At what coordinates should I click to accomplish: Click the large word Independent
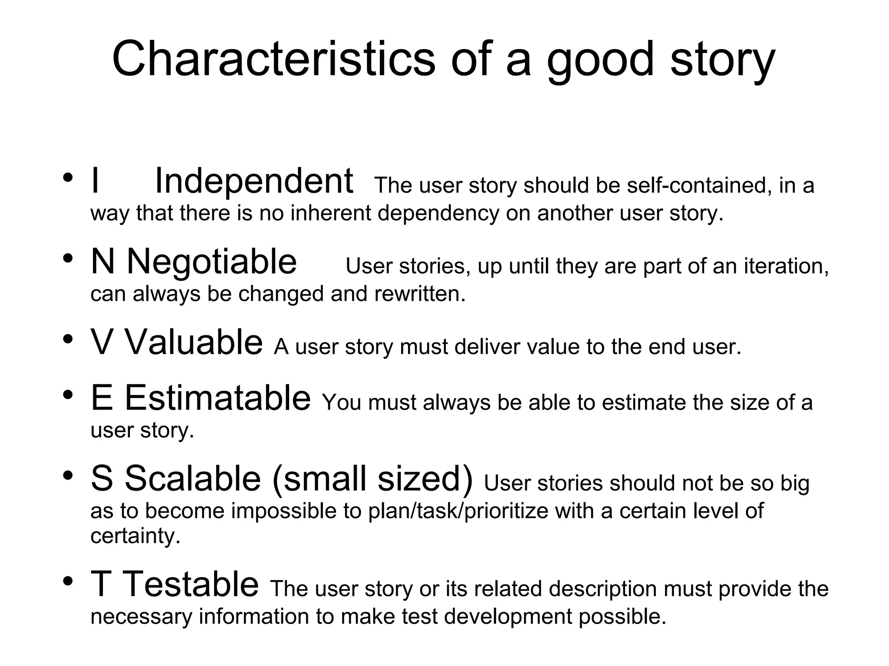(254, 181)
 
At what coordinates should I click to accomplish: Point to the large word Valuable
(194, 342)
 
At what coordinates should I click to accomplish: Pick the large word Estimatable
(217, 398)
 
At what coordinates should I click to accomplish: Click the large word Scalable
(193, 479)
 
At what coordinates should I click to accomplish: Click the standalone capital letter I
(95, 181)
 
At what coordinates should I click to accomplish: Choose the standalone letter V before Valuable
(102, 342)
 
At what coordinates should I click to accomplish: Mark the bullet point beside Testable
(67, 581)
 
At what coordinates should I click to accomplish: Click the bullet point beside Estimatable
(67, 395)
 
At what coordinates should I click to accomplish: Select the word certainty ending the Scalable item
(135, 536)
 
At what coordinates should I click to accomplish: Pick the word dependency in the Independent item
(438, 213)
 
